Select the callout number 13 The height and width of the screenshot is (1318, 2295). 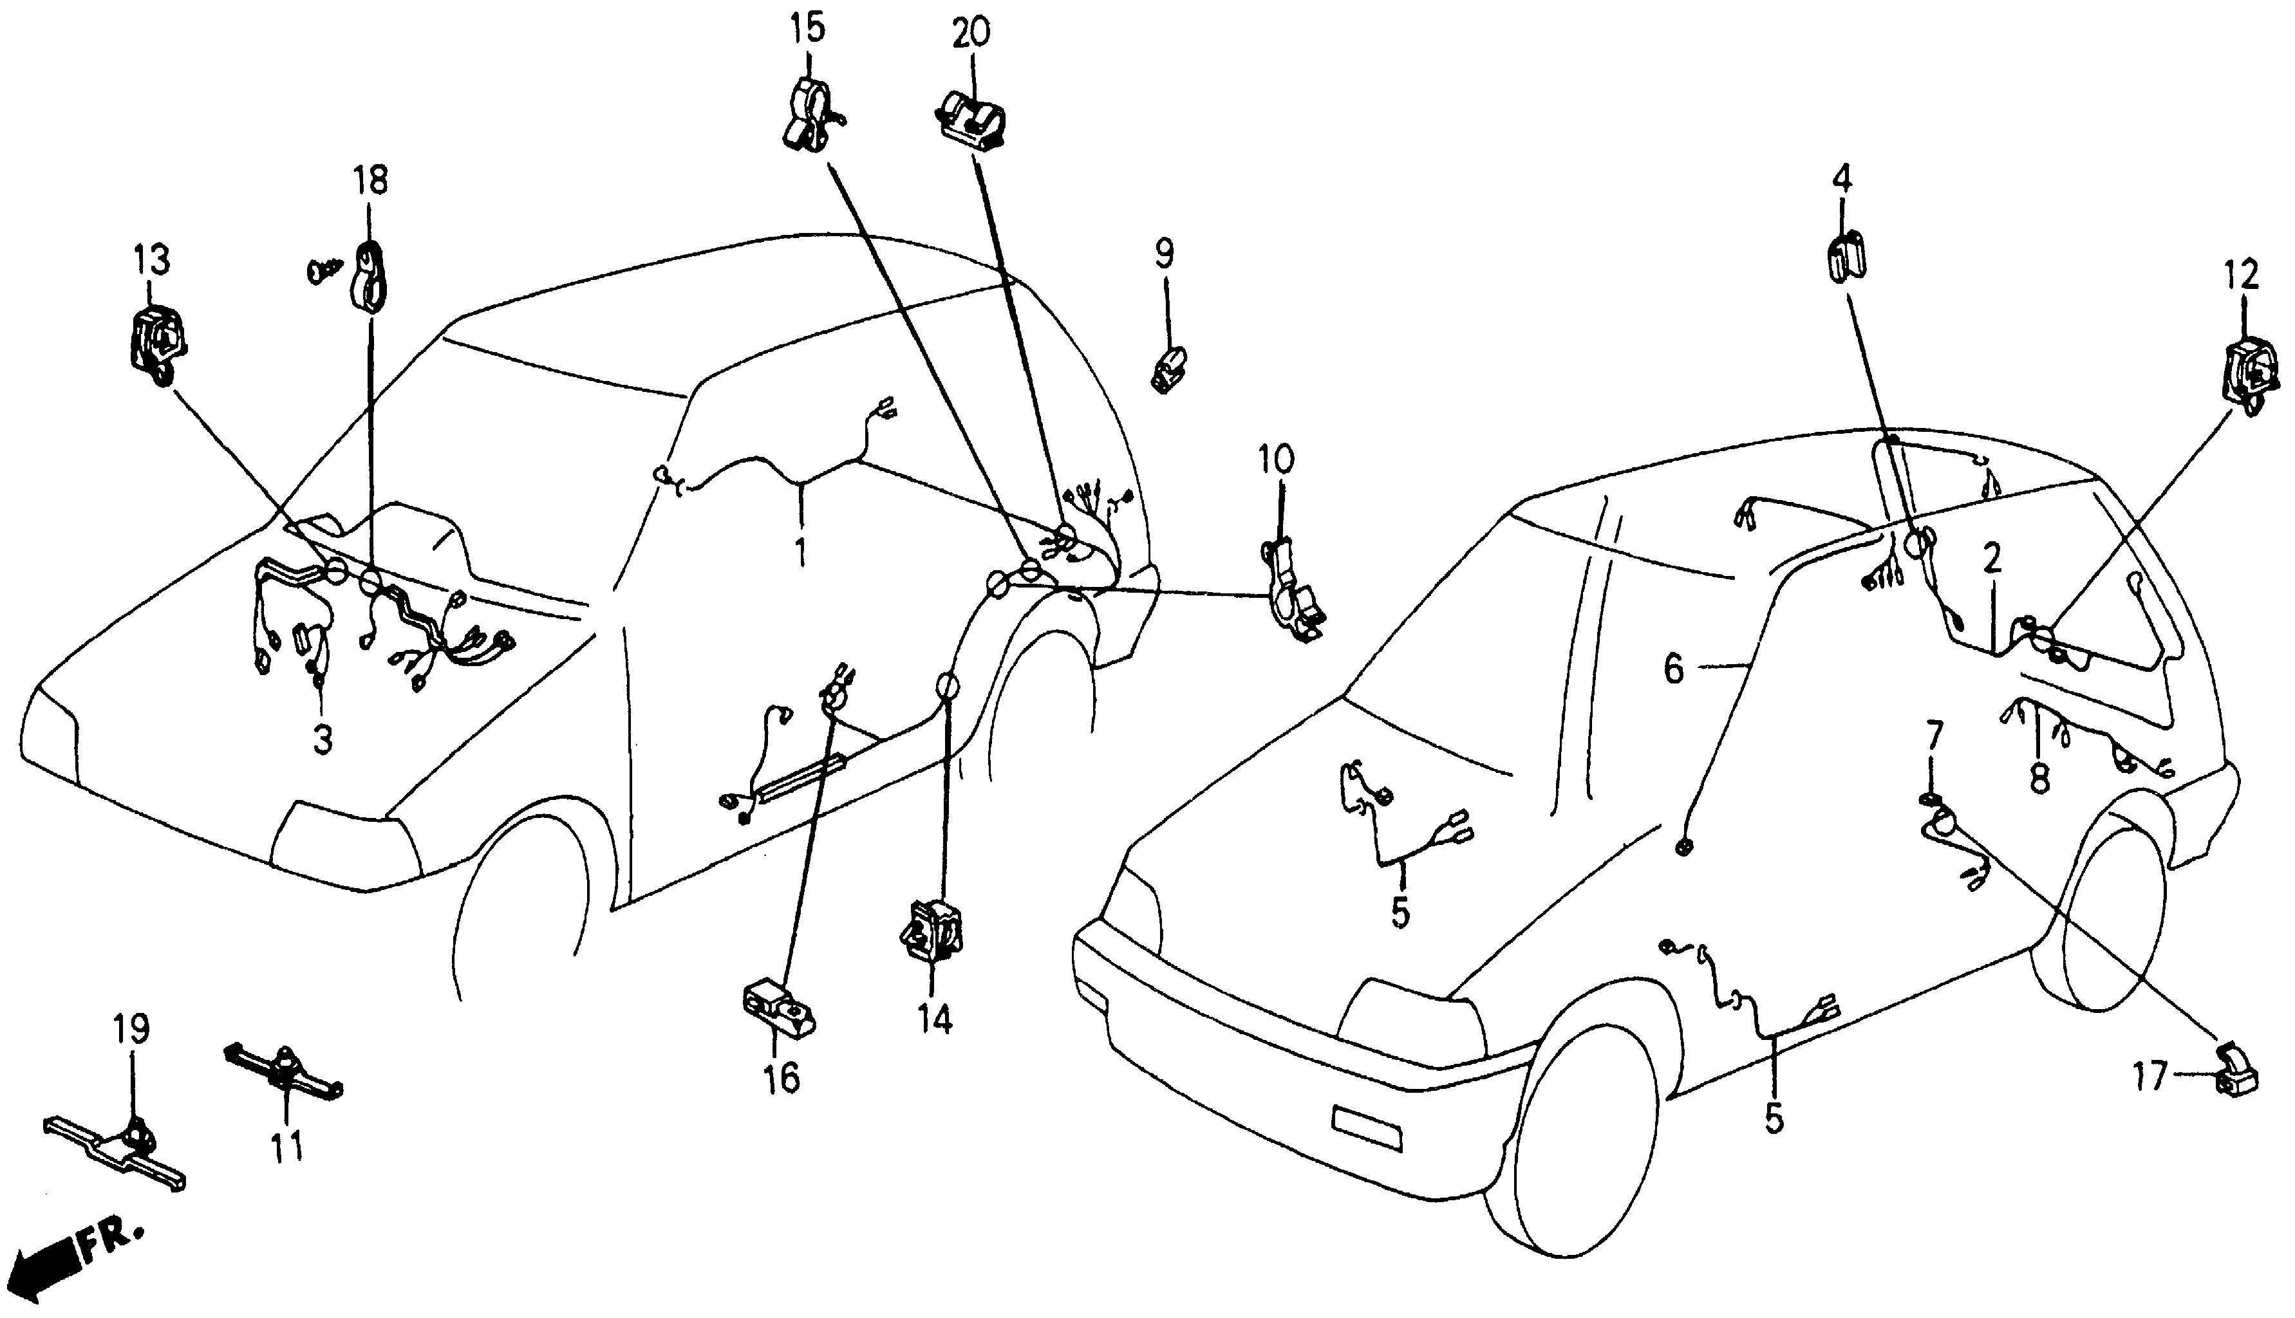(x=152, y=262)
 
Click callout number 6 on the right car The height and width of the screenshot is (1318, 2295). (x=1674, y=671)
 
